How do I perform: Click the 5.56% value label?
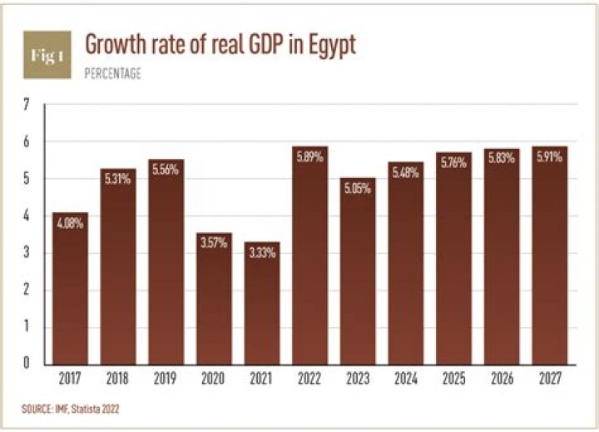166,171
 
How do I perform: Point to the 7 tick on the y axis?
27,105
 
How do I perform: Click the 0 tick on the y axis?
27,363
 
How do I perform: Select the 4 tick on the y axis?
27,216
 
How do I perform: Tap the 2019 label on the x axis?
166,380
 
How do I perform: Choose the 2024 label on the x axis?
406,380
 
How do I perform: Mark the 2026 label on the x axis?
502,380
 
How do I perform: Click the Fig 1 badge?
47,55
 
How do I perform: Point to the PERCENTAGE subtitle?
113,74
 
